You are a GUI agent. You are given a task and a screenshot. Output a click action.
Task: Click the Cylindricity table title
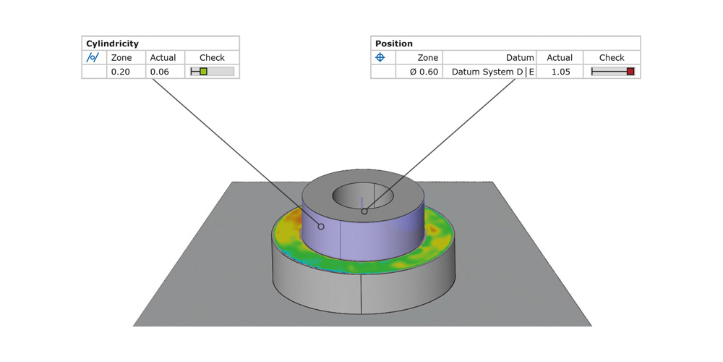112,43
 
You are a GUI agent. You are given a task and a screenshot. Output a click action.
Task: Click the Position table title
393,43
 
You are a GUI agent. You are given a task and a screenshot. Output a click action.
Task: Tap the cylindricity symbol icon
93,58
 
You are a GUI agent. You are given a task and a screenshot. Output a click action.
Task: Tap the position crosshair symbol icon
380,58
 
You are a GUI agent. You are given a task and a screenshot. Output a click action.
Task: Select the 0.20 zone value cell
120,72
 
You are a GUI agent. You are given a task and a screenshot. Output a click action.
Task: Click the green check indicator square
204,72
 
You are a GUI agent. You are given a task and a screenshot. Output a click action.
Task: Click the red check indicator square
630,72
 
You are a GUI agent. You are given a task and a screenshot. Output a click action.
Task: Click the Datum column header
520,58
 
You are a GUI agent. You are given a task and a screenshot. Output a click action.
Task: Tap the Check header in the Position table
612,58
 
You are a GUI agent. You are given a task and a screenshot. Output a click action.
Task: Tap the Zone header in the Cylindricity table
121,58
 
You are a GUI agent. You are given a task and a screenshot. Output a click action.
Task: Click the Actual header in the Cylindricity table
163,58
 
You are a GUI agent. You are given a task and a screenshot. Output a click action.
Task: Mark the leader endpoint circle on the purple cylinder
321,227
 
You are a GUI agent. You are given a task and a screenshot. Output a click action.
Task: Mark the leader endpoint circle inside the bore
364,211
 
